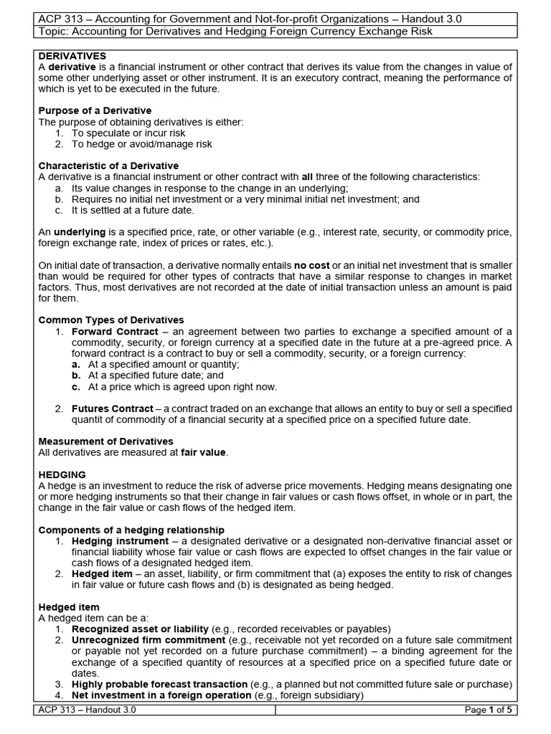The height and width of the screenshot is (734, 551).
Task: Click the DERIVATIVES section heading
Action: [x=72, y=55]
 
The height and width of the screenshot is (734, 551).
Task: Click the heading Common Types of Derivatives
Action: [x=111, y=320]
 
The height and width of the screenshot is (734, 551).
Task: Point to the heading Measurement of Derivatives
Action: [x=105, y=441]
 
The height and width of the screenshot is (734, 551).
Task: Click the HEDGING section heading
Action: [x=62, y=475]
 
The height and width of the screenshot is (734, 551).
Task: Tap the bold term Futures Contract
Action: [x=112, y=409]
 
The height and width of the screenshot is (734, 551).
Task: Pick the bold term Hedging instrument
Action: [x=119, y=540]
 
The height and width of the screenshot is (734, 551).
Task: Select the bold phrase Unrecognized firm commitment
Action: [x=149, y=639]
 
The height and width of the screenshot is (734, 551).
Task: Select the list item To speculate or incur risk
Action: [x=128, y=133]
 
